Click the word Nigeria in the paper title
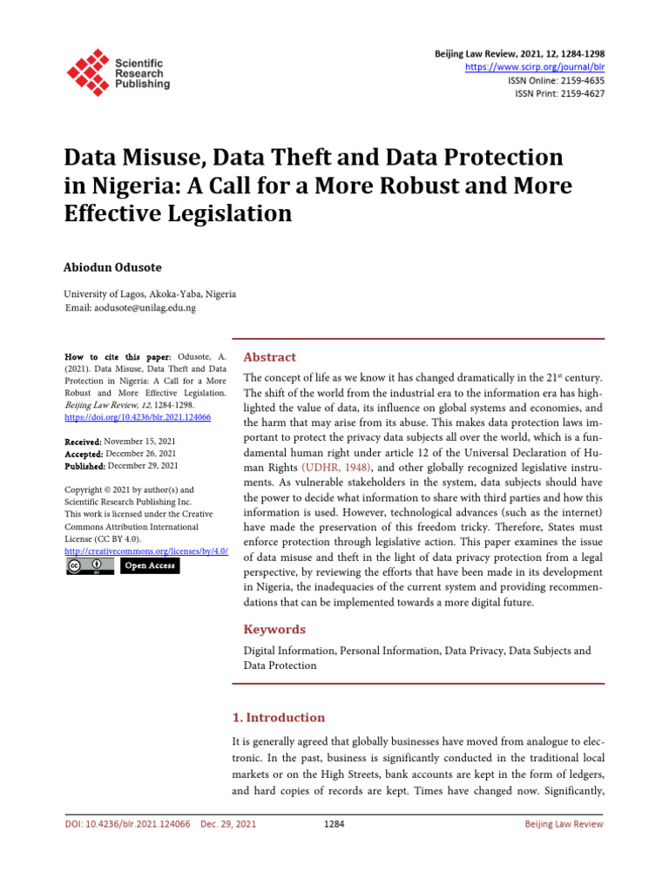[121, 186]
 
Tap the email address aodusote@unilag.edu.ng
[145, 308]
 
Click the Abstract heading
[269, 357]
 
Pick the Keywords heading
[274, 629]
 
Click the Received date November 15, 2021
[141, 442]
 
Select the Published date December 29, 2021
[144, 465]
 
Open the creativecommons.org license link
[145, 551]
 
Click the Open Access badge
[149, 566]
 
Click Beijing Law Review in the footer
[563, 824]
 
